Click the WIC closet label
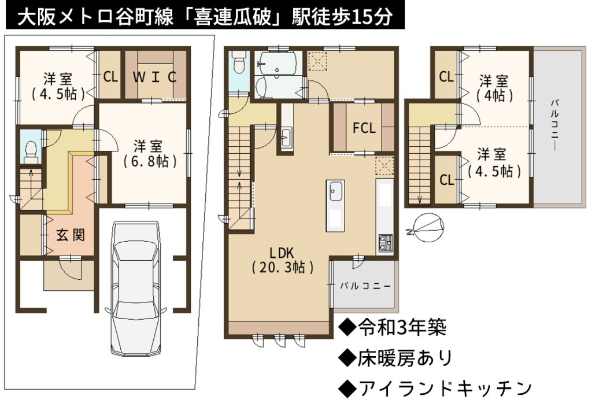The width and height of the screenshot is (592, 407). pyautogui.click(x=155, y=77)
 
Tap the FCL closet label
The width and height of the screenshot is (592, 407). pyautogui.click(x=364, y=128)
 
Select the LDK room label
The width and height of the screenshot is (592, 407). pyautogui.click(x=282, y=253)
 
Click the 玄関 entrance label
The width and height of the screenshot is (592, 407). pyautogui.click(x=71, y=235)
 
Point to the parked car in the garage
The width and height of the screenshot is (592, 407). pyautogui.click(x=135, y=288)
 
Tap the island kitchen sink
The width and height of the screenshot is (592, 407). pyautogui.click(x=336, y=191)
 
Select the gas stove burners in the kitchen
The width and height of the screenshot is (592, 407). pyautogui.click(x=385, y=243)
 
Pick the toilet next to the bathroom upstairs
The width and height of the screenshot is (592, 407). pyautogui.click(x=238, y=62)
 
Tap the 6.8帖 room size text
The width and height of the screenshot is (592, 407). pyautogui.click(x=150, y=161)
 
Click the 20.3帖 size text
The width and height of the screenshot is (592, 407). pyautogui.click(x=282, y=267)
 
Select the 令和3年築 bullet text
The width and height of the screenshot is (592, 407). pyautogui.click(x=393, y=327)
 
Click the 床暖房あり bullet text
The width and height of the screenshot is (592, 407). pyautogui.click(x=395, y=357)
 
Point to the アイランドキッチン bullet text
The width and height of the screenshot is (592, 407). pyautogui.click(x=435, y=388)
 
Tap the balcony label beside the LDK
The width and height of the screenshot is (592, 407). pyautogui.click(x=365, y=286)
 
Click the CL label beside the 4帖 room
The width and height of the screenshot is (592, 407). pyautogui.click(x=446, y=77)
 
